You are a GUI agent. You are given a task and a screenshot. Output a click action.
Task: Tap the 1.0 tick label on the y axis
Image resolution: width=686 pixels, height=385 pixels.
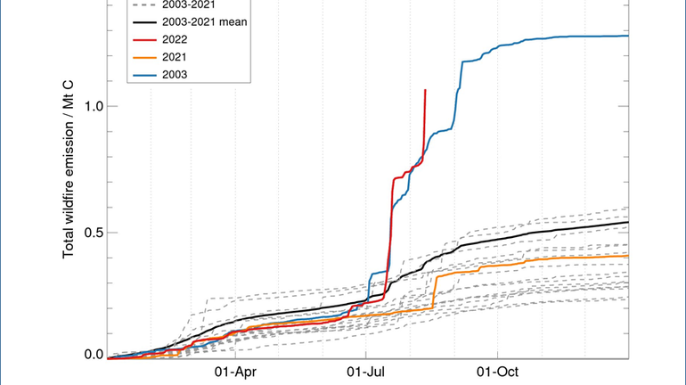93,106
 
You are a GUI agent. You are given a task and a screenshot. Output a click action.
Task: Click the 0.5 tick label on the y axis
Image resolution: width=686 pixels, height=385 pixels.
93,232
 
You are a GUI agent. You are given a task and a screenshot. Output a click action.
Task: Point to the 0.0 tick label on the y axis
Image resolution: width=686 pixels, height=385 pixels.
93,356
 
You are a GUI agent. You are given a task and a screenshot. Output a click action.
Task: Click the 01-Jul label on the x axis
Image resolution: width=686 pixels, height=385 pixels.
365,372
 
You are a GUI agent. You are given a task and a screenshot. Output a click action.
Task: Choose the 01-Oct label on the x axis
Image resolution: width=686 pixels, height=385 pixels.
495,372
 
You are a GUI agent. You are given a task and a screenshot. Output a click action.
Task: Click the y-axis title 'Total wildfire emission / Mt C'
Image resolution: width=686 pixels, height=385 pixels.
69,178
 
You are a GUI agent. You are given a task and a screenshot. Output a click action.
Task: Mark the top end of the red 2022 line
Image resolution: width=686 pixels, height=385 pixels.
425,90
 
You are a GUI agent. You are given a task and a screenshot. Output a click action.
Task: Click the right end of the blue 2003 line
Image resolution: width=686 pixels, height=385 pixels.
628,36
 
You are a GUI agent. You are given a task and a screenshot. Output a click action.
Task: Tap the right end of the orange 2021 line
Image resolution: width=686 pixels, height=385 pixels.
628,256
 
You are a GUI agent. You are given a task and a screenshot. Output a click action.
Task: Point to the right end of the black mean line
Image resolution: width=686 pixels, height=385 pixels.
628,222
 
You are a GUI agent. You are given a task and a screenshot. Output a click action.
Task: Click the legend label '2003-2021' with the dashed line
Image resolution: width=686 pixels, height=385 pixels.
198,5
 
